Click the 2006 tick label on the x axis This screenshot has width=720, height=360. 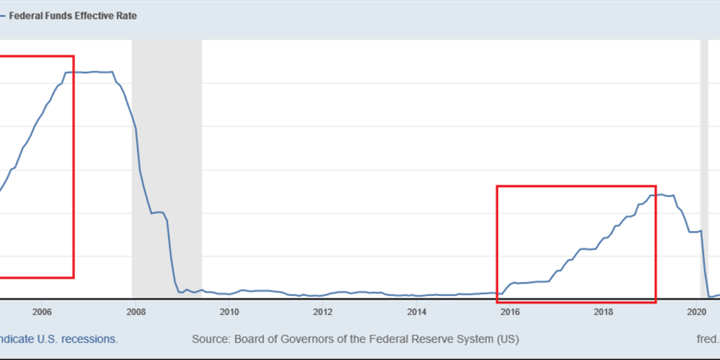click(41, 311)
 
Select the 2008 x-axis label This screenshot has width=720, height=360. click(135, 311)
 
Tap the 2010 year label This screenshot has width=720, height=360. click(228, 311)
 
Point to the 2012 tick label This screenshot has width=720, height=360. click(323, 311)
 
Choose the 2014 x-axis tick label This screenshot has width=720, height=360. click(416, 311)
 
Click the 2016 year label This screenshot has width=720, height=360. click(510, 311)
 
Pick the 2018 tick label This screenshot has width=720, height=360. click(604, 311)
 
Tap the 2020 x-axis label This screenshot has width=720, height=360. click(697, 311)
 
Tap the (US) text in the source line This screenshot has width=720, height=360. click(508, 339)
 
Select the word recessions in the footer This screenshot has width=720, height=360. click(88, 339)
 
